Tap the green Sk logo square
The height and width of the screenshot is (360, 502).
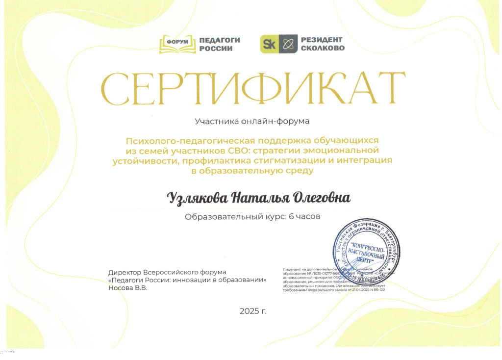point(269,44)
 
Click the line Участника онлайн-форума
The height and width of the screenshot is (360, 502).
point(252,120)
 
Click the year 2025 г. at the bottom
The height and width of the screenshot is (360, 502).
point(253,311)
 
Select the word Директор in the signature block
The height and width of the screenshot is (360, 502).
point(125,272)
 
